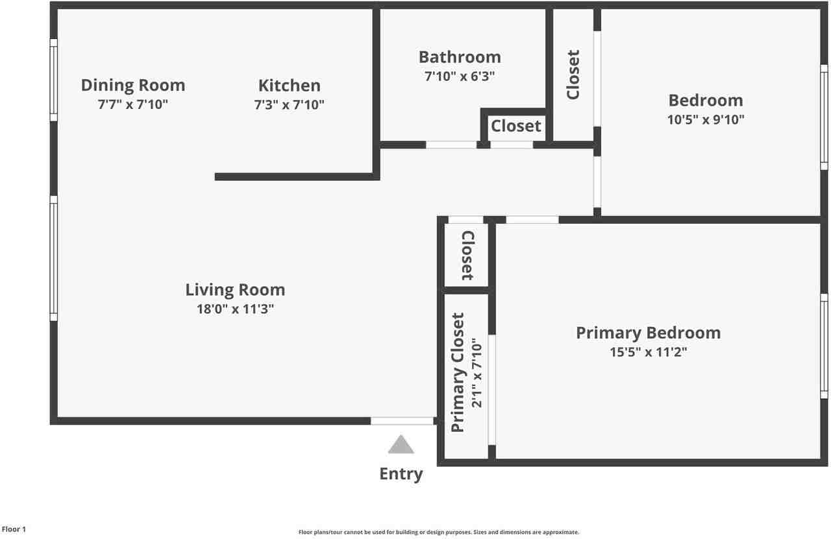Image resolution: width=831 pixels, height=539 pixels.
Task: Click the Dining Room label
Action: tap(132, 85)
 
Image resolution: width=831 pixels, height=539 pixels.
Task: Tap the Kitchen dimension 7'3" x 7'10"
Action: tap(289, 104)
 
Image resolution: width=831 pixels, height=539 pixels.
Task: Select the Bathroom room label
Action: tap(459, 57)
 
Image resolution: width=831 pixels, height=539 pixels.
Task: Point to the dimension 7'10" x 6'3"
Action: tap(459, 76)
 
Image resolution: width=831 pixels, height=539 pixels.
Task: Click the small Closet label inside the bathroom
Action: tap(515, 126)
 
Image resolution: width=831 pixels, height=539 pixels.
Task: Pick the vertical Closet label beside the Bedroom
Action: tap(573, 75)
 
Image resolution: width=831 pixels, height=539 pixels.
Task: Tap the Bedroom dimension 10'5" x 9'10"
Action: tap(706, 119)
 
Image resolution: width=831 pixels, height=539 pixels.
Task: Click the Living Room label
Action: tap(235, 289)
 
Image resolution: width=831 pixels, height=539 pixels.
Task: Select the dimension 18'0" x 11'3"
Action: tap(235, 309)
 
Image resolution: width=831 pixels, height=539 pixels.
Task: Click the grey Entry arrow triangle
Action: tap(401, 445)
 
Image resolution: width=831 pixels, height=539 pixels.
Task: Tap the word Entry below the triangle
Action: tap(401, 474)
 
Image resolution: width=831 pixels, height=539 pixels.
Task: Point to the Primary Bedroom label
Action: tap(648, 333)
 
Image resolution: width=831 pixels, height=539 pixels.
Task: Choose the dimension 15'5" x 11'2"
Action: tap(648, 352)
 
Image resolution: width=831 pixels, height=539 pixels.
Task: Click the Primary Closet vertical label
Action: tap(458, 372)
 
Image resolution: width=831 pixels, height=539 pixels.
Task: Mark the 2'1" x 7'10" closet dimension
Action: tap(477, 372)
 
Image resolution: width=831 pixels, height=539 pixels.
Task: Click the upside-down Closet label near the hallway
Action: tap(467, 256)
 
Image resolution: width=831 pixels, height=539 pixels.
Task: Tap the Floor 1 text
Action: tap(14, 529)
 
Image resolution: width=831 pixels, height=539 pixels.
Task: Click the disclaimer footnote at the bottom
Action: tap(438, 532)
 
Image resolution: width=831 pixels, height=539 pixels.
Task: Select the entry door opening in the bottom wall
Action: tap(402, 421)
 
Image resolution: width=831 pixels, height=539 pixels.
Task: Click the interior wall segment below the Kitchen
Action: tap(295, 176)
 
